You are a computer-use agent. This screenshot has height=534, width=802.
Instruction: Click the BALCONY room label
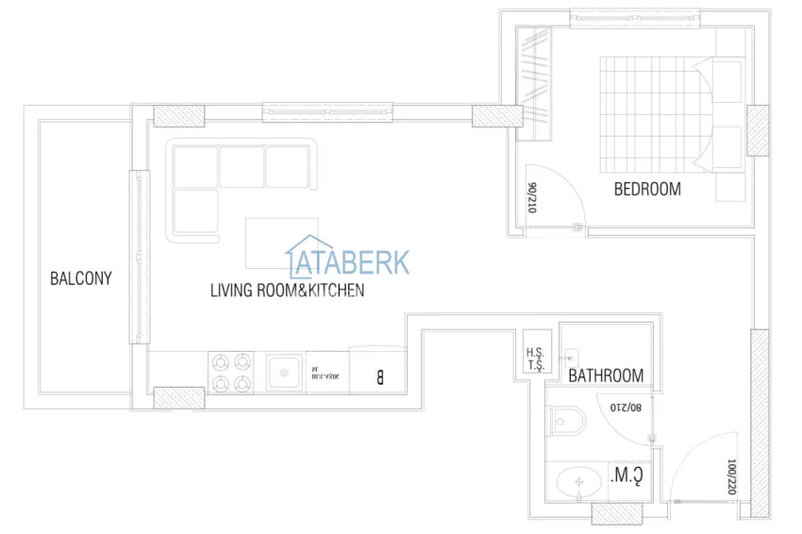coord(81,278)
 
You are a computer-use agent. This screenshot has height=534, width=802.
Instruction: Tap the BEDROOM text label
coord(647,189)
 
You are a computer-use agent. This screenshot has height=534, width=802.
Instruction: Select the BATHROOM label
coord(606,375)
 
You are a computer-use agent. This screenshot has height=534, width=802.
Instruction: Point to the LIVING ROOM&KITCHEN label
coord(287,291)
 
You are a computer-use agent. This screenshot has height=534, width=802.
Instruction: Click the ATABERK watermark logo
coord(348,257)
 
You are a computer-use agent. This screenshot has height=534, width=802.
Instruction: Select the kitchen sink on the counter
coord(282,372)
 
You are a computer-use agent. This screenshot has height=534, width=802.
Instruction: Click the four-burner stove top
coord(231,372)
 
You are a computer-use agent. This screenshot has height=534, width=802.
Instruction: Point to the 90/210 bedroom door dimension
coord(533,199)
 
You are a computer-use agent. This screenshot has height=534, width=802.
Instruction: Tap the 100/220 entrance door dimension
coord(731,477)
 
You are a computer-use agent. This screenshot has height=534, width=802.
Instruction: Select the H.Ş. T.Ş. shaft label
coord(535,359)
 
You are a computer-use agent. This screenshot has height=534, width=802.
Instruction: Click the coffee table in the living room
coord(280,243)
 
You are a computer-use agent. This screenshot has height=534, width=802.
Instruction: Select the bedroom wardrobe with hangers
coord(535,83)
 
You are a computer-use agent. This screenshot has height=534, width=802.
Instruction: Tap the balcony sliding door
coord(140,257)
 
